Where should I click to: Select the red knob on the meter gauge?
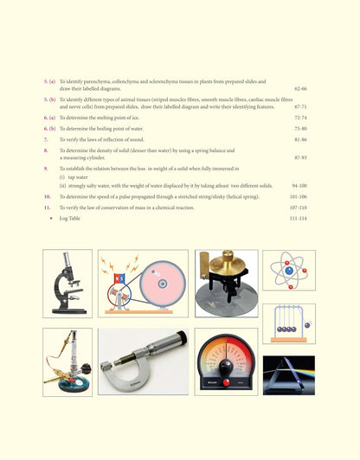[226, 381]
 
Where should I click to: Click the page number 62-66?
[300, 89]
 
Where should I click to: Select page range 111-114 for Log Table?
[298, 219]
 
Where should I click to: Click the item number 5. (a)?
[50, 80]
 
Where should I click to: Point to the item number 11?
[48, 208]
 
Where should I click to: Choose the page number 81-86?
[300, 138]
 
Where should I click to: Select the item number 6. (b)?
[50, 127]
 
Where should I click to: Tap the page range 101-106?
[298, 196]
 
